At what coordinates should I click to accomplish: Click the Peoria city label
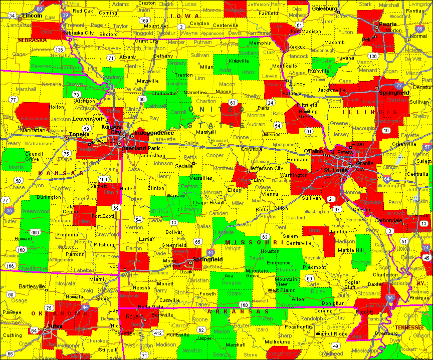(387, 24)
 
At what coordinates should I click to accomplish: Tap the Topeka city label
(79, 134)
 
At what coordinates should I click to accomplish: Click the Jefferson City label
(267, 168)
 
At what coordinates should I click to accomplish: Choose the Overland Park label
(141, 148)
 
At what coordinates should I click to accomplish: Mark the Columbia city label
(252, 149)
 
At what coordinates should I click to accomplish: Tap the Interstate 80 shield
(40, 9)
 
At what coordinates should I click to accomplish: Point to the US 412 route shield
(157, 333)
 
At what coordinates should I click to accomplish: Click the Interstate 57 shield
(426, 147)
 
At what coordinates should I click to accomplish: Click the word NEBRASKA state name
(32, 40)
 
